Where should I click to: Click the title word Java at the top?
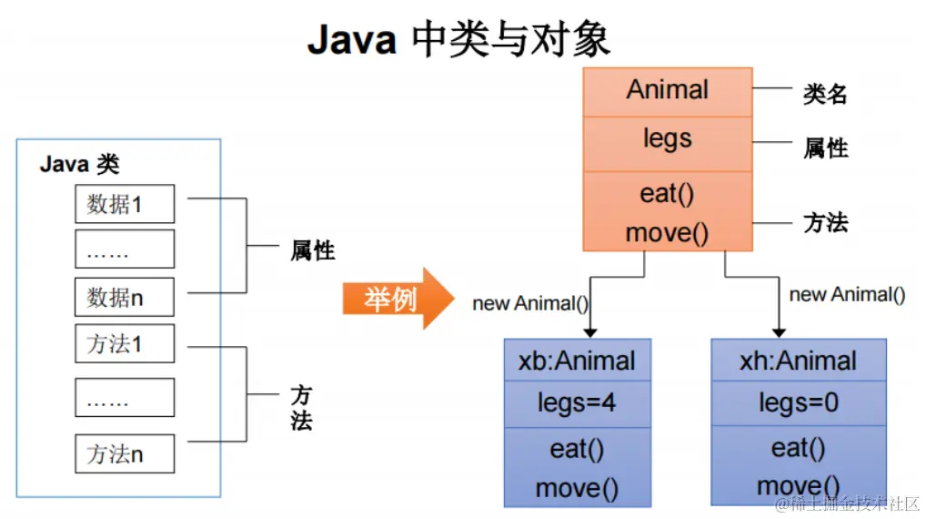[352, 41]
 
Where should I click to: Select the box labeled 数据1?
[124, 204]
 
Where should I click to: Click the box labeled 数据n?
[124, 297]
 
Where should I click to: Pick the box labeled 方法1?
[124, 345]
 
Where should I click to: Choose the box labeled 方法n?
[124, 453]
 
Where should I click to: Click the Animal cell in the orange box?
[668, 90]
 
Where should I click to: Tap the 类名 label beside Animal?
[825, 93]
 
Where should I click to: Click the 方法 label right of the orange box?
[825, 222]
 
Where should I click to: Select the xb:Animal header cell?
[577, 361]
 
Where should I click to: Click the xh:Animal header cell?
[798, 361]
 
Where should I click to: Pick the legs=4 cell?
[577, 402]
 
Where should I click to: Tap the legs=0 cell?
[798, 402]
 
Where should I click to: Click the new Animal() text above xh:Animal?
[847, 294]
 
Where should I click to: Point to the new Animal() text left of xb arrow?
[530, 303]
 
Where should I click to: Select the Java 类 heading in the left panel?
[80, 165]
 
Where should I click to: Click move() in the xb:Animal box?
[577, 488]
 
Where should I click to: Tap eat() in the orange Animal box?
[668, 194]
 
